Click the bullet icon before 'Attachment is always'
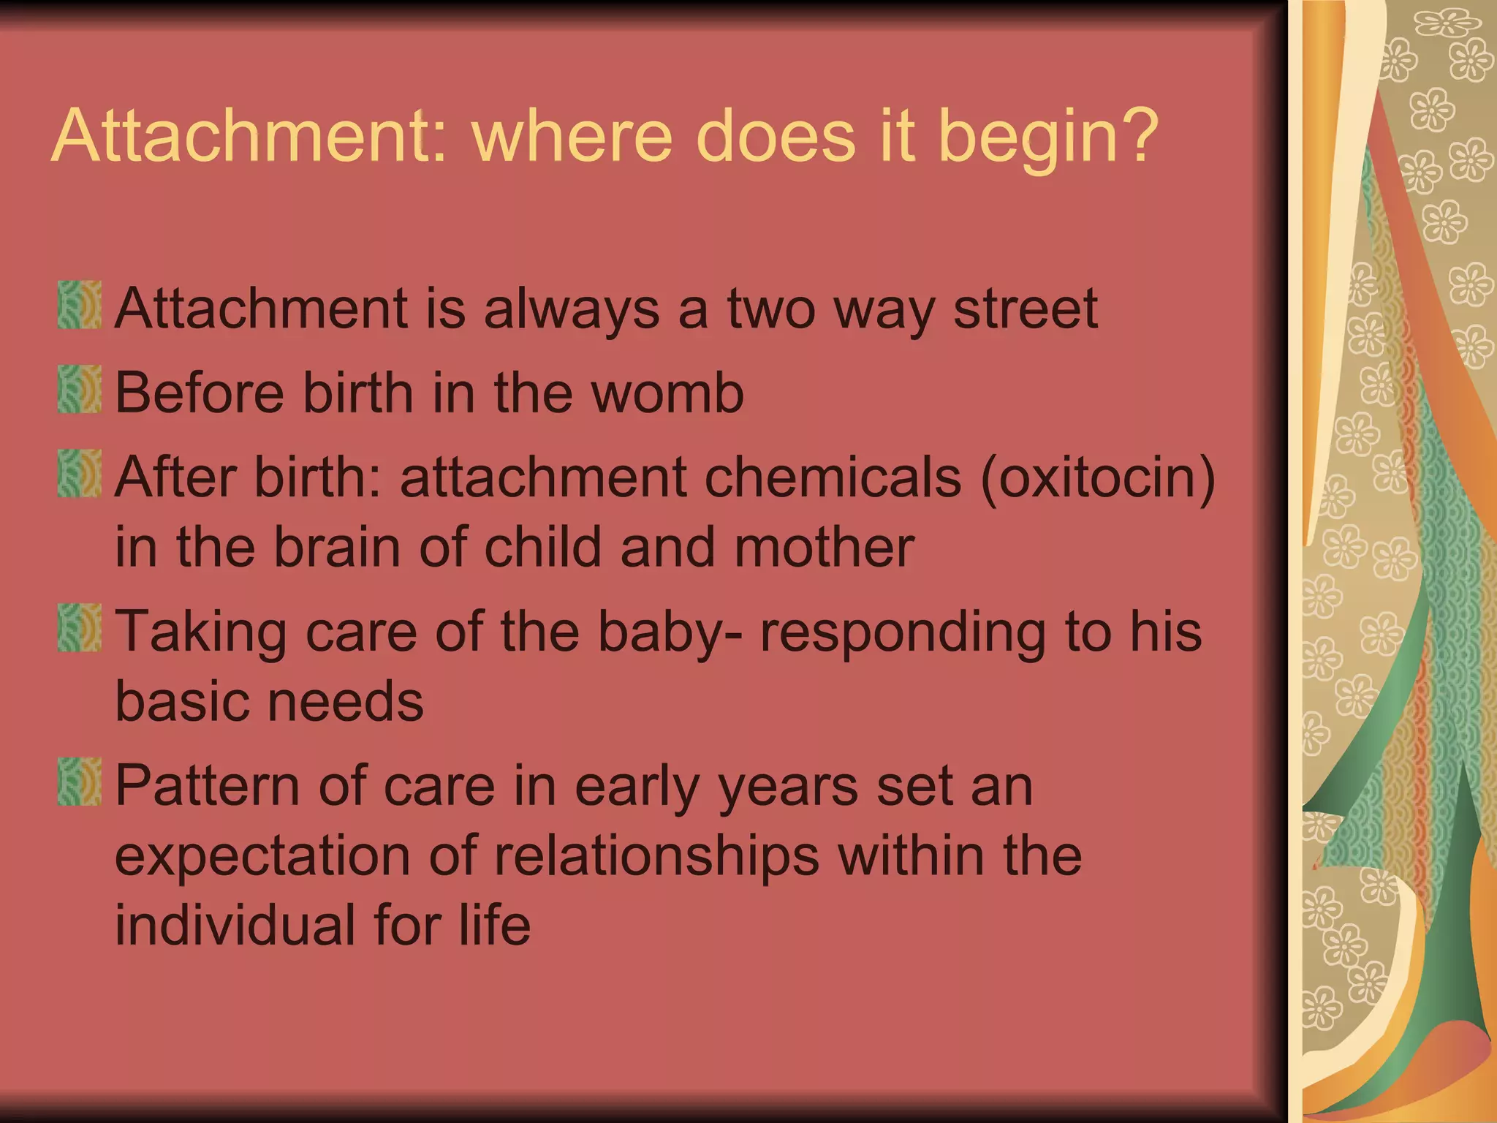coord(79,305)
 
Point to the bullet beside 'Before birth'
coord(79,389)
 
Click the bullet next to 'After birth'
coord(79,474)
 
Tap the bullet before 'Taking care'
coord(79,627)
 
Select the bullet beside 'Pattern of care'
coord(79,782)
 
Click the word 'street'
coord(1026,309)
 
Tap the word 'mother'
coord(824,548)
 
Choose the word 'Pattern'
coord(207,787)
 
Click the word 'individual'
coord(235,926)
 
